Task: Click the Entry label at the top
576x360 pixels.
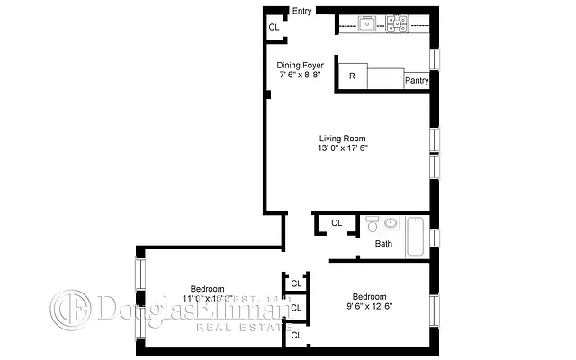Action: (301, 11)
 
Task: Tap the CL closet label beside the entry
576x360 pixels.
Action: (274, 28)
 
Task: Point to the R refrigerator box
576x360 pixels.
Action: (352, 77)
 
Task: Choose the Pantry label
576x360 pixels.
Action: (416, 80)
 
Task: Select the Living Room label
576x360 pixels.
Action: (343, 138)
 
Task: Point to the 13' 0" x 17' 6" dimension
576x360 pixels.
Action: (343, 148)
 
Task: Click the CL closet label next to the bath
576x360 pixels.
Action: (337, 223)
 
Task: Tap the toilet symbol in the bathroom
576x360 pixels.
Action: (372, 224)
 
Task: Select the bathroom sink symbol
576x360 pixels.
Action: (391, 224)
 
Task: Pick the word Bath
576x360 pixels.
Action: (383, 244)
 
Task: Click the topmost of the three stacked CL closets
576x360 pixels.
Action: (295, 283)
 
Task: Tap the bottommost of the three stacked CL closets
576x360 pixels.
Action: (295, 335)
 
